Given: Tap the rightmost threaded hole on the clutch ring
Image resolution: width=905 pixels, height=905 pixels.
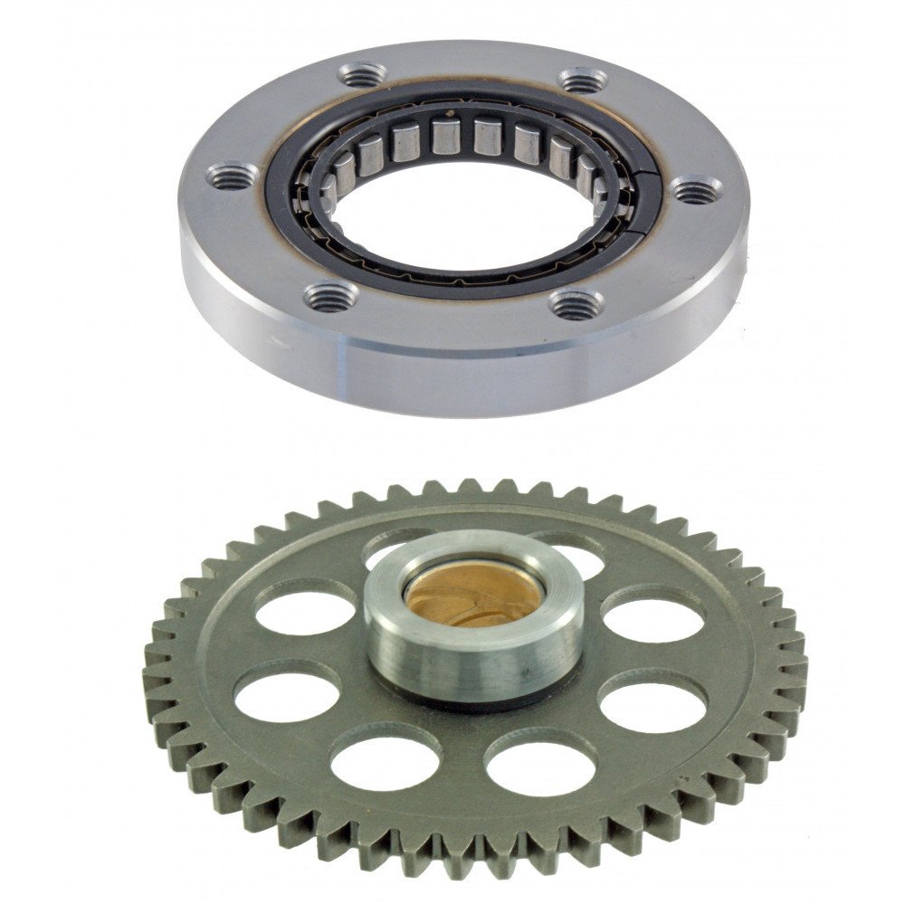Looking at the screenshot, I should [x=699, y=189].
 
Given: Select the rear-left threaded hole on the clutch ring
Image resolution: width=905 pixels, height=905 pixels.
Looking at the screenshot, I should [x=360, y=73].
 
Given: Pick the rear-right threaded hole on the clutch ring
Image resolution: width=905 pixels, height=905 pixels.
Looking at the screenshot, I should [x=582, y=81].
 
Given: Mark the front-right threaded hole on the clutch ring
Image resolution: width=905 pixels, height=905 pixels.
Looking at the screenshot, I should [x=576, y=304].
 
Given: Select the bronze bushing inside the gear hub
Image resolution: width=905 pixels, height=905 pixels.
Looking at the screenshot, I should [x=471, y=598].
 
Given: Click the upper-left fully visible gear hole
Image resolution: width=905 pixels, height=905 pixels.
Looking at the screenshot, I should [x=305, y=613].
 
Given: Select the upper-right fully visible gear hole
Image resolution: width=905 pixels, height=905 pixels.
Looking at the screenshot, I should [x=653, y=620].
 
